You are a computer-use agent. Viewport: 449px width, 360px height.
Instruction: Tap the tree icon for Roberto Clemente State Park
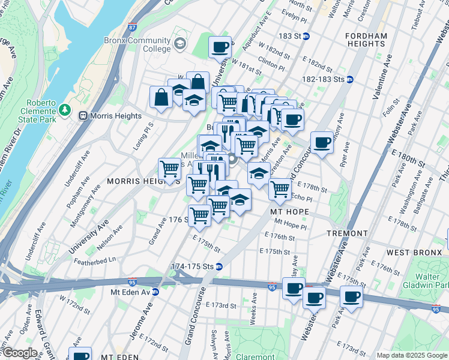[x=64, y=110]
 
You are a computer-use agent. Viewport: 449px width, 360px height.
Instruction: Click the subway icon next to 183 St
[x=306, y=37]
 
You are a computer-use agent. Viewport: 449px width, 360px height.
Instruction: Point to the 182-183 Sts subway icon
[x=349, y=79]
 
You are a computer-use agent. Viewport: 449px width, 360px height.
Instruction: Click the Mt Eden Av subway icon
[x=155, y=292]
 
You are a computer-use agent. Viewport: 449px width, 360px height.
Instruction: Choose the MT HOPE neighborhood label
[x=289, y=212]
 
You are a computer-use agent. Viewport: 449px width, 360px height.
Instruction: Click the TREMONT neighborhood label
[x=347, y=233]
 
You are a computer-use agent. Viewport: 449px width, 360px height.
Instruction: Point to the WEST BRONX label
[x=415, y=253]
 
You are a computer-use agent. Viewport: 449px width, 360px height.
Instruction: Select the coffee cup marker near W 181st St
[x=220, y=47]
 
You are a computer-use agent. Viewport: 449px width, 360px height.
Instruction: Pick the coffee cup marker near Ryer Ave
[x=322, y=142]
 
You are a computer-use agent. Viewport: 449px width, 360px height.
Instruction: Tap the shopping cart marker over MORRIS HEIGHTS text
[x=170, y=169]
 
